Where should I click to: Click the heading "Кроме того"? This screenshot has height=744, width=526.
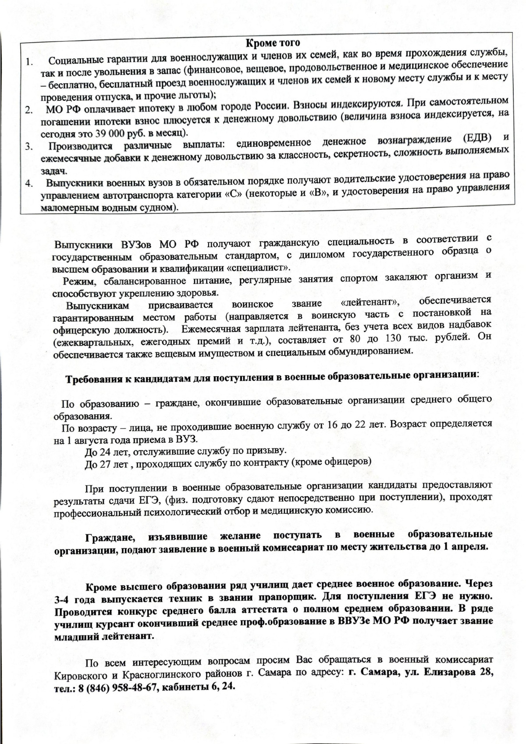tap(272, 43)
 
